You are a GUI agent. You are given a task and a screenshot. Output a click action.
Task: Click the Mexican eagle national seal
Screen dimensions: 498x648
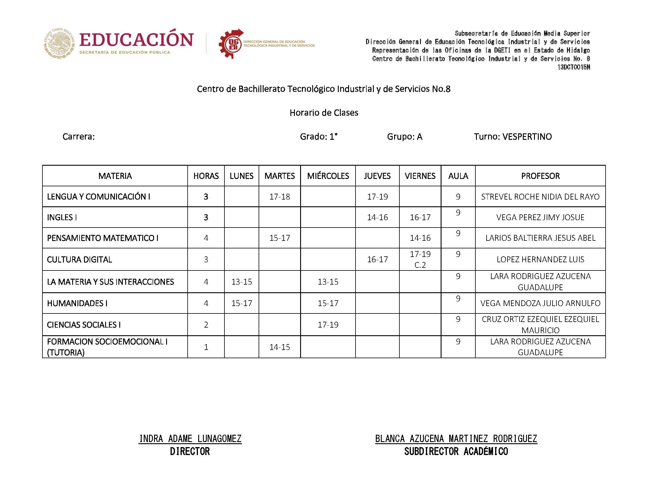[59, 43]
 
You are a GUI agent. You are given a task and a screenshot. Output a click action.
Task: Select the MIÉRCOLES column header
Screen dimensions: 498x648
[328, 176]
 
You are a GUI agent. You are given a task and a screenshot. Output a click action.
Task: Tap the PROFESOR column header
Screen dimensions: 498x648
[540, 176]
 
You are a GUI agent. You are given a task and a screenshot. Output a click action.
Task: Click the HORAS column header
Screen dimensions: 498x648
[206, 176]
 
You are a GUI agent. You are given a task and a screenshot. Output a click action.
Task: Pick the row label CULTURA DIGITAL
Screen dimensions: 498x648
[80, 260]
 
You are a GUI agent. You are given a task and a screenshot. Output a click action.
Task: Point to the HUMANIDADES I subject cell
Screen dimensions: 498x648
[77, 303]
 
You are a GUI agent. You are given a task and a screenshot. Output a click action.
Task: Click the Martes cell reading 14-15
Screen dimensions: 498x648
[279, 347]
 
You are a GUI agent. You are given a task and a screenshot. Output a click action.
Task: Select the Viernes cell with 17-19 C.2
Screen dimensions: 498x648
[420, 259]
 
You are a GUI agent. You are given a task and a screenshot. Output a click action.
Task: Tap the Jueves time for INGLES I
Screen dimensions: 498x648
[377, 217]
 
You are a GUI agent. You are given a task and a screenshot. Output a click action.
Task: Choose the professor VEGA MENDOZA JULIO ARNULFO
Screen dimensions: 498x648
[540, 303]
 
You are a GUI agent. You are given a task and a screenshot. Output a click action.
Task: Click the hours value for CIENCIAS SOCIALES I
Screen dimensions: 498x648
[206, 325]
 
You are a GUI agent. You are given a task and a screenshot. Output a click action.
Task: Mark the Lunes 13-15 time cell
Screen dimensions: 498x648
[242, 282]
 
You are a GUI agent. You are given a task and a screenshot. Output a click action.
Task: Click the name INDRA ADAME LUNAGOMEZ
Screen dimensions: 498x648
[190, 439]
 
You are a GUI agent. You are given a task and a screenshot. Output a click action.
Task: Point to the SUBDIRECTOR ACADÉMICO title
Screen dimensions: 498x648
[456, 451]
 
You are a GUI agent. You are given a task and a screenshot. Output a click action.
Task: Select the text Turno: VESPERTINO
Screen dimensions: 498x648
[513, 137]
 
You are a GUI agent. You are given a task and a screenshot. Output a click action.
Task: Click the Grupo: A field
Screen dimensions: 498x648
[404, 137]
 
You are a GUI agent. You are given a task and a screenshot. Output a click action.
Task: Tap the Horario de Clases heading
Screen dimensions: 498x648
[324, 113]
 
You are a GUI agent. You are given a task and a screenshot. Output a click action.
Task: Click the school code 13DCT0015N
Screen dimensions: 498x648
[573, 67]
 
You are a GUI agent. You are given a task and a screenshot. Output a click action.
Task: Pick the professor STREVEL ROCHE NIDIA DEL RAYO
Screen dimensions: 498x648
[540, 197]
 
